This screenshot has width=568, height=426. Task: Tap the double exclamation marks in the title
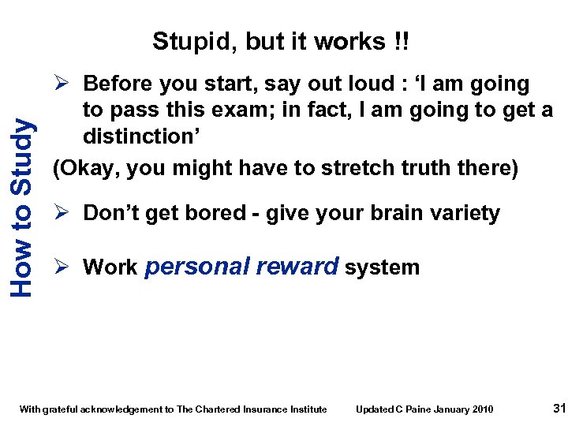(401, 41)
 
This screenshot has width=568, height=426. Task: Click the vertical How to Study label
(23, 207)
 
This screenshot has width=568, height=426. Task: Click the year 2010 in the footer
(482, 409)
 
